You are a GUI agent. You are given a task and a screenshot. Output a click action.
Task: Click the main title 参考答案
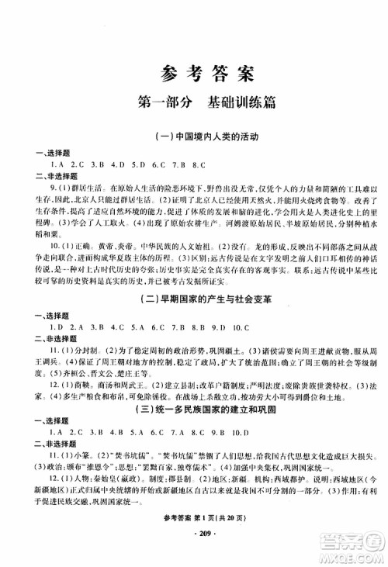195,75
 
